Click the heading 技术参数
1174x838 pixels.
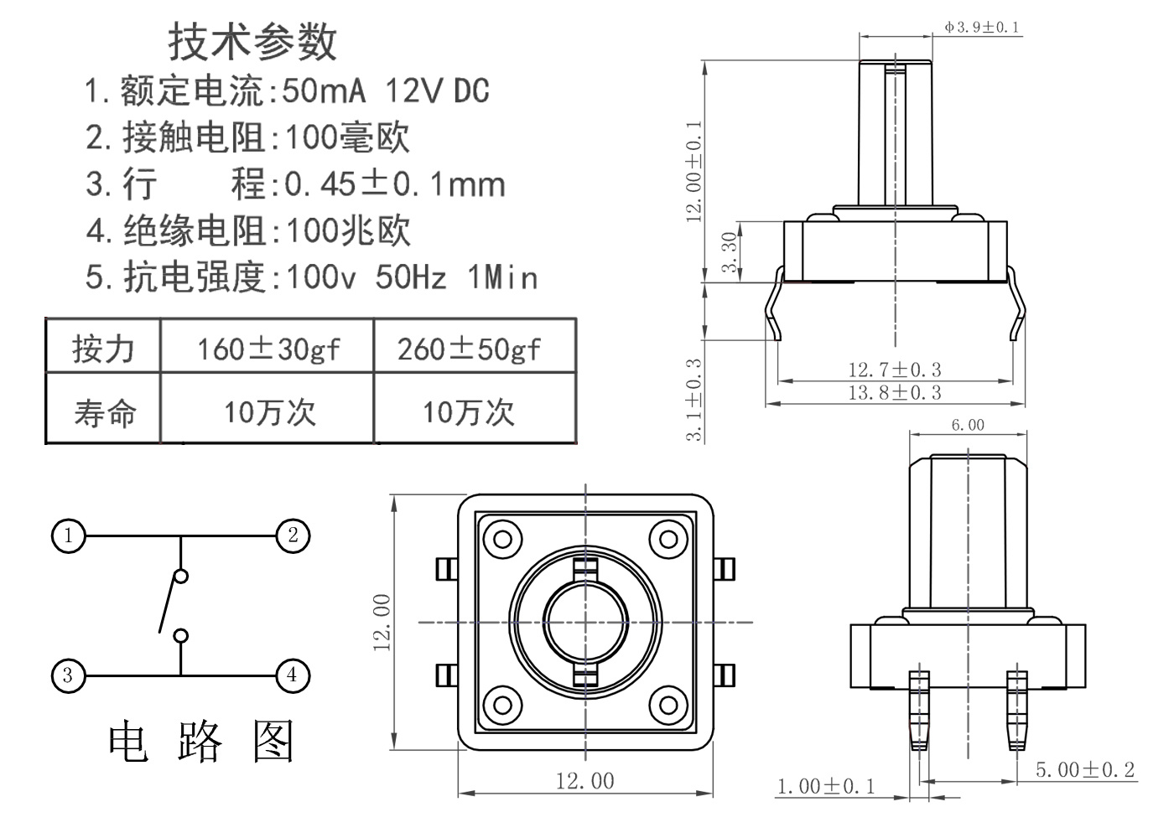[252, 42]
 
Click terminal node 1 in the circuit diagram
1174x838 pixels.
[69, 535]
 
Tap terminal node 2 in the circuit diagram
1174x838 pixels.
[293, 535]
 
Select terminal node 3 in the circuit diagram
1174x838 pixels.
[69, 675]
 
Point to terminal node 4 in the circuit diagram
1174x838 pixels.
[293, 675]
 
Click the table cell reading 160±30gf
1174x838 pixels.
[268, 349]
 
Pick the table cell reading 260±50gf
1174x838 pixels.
[470, 349]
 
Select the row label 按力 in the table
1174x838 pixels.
[103, 349]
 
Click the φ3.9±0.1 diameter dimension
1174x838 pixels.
[982, 27]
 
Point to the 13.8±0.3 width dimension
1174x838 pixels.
[895, 393]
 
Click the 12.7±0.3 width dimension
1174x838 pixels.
[895, 370]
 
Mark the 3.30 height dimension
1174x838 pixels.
[730, 251]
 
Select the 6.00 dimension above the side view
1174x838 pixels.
[968, 425]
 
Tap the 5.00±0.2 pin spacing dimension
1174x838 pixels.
[1085, 770]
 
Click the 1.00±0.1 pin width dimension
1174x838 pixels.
[826, 786]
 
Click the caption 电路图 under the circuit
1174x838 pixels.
[201, 742]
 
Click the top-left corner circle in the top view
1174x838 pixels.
[502, 538]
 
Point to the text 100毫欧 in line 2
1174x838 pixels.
[347, 137]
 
